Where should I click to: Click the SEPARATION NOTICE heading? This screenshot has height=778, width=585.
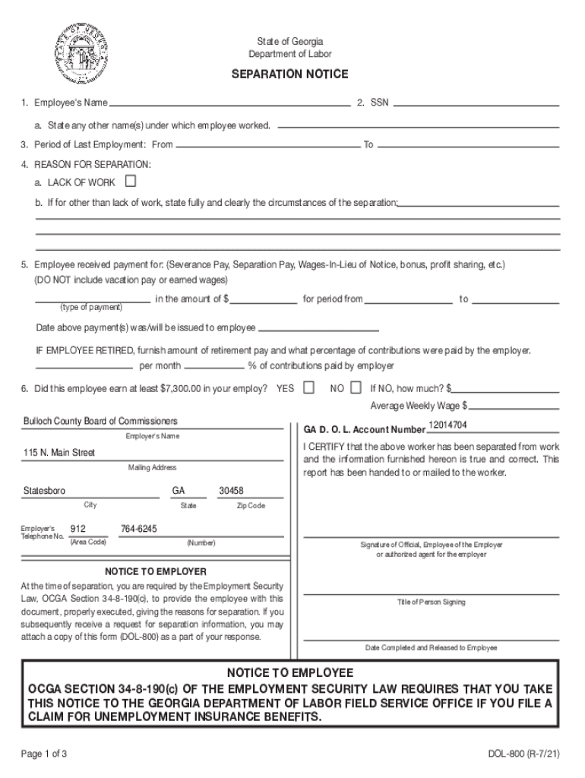(x=290, y=74)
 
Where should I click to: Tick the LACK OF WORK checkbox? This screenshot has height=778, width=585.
(x=131, y=182)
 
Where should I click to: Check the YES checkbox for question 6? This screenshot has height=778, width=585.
(x=308, y=387)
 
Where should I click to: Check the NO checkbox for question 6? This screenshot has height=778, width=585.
(x=359, y=387)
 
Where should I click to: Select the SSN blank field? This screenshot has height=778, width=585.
(x=476, y=103)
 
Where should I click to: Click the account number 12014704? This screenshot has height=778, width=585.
(x=447, y=425)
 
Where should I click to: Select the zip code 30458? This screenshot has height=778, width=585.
(x=231, y=491)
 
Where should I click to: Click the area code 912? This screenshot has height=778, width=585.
(x=77, y=529)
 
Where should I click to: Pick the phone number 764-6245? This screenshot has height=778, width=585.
(x=139, y=529)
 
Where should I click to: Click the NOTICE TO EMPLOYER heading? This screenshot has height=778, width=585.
(x=155, y=571)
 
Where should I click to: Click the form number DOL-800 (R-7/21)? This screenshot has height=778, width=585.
(x=523, y=754)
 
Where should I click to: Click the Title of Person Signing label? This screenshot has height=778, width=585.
(x=431, y=602)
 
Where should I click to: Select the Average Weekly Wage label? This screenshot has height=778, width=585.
(x=419, y=405)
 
